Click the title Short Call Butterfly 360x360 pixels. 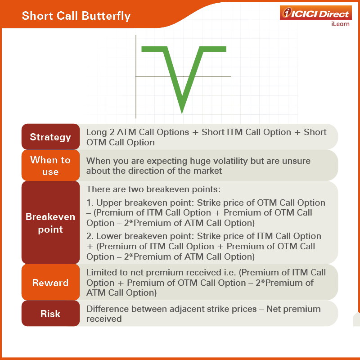(x=76, y=16)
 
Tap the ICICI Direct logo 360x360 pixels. (x=316, y=13)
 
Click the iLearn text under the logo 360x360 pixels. (x=340, y=24)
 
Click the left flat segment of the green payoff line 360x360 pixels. (x=154, y=49)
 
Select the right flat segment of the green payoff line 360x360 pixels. (x=213, y=49)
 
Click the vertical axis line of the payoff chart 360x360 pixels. (x=136, y=76)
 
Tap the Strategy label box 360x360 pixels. (x=50, y=137)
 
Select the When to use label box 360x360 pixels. (x=50, y=166)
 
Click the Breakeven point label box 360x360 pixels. (x=50, y=223)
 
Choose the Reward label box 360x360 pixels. (x=50, y=283)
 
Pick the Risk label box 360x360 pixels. (x=50, y=314)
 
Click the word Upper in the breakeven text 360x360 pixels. (x=109, y=203)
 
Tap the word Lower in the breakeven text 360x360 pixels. (x=109, y=236)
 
